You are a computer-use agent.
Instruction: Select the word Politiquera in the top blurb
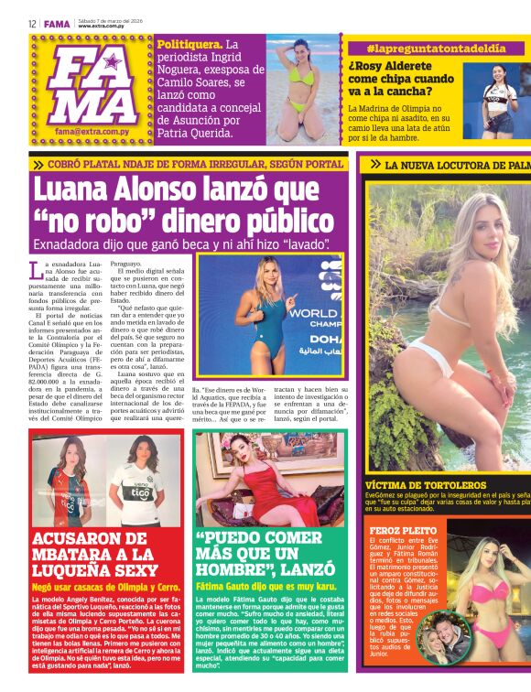[189, 45]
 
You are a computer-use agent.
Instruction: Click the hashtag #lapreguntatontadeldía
[424, 47]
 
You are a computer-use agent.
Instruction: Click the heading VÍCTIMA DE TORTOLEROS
[420, 485]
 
